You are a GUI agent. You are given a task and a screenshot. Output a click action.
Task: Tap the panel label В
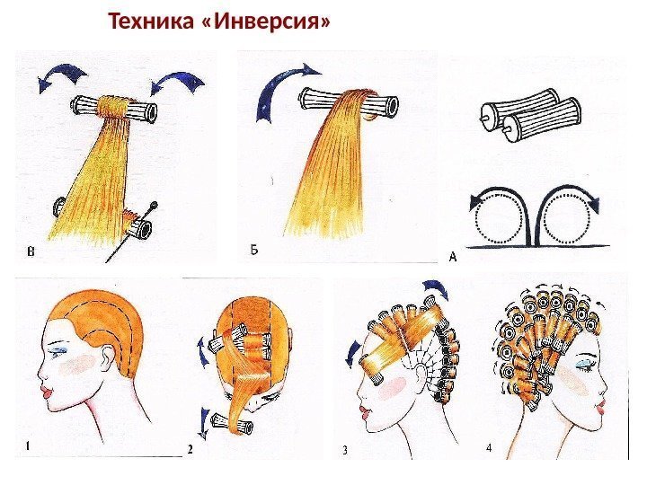tap(31, 251)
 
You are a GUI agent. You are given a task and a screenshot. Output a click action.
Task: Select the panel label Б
tap(254, 250)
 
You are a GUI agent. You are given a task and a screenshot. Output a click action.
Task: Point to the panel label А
tap(453, 258)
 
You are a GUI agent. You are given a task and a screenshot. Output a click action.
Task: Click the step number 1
tap(27, 446)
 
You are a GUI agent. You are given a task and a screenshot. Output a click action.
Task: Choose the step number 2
tap(191, 449)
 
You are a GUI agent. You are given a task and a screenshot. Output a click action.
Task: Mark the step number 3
tap(344, 450)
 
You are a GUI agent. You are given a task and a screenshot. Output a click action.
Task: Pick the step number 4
tap(489, 447)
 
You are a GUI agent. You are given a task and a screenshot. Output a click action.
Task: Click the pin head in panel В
tap(154, 204)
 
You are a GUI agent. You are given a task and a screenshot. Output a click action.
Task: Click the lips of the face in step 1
tap(46, 392)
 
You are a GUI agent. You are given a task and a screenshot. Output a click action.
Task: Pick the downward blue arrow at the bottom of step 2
tap(204, 424)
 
